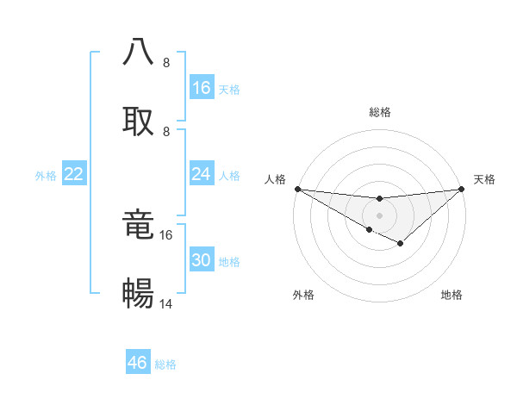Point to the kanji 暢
(x=138, y=294)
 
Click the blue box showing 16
(x=202, y=88)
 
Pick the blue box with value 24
(x=202, y=174)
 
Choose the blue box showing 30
(x=202, y=260)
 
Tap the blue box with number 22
(x=74, y=174)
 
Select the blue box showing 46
(x=138, y=363)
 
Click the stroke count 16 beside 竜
(x=166, y=234)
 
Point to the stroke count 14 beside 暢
(x=166, y=303)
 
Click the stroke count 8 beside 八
(x=166, y=63)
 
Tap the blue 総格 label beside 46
(x=165, y=364)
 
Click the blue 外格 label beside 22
(x=46, y=176)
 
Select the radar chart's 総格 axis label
(x=380, y=112)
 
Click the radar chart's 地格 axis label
(x=452, y=295)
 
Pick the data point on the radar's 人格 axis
(x=297, y=189)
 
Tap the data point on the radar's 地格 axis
(x=401, y=244)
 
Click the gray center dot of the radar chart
(x=380, y=215)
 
